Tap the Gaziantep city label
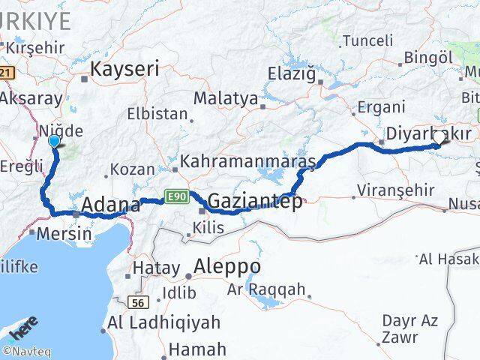point(255,201)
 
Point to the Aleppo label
point(226,266)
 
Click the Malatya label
point(225,99)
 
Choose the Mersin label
point(66,233)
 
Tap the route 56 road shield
point(140,301)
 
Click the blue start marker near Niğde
point(54,141)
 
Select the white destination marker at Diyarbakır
point(439,137)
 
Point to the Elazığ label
point(293,73)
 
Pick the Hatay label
point(155,268)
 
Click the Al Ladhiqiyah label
point(164,323)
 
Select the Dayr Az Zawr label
point(409,329)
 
